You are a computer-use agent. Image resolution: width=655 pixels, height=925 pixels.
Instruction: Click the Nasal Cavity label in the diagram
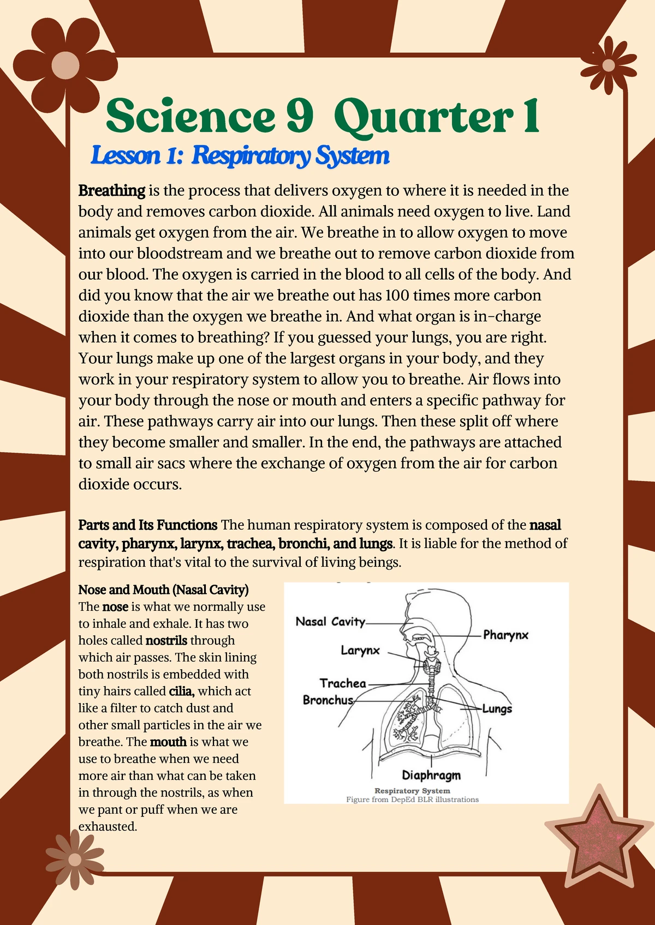coord(330,622)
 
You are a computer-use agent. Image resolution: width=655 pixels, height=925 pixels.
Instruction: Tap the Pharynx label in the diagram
coord(505,635)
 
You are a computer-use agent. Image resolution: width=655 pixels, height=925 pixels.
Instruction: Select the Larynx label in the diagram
coord(360,650)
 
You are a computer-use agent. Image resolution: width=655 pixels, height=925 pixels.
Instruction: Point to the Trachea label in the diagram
coord(343,683)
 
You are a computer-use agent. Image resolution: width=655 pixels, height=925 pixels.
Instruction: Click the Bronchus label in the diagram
coord(328,700)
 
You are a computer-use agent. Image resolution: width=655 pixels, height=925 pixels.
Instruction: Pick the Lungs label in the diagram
coord(497,708)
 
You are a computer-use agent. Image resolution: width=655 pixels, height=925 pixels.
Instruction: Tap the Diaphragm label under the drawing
coord(431,775)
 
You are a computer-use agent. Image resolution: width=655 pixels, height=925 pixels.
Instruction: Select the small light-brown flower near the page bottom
coord(75,860)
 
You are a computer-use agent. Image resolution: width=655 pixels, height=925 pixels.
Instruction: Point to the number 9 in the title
coord(300,116)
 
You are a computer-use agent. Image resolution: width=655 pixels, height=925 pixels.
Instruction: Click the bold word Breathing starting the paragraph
coord(112,191)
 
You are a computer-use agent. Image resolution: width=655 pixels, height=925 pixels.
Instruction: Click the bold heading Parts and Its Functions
coord(148,525)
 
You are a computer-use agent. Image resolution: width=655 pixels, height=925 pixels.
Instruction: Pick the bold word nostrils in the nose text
coord(166,640)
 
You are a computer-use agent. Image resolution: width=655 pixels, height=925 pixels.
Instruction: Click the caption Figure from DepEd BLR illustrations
coord(412,800)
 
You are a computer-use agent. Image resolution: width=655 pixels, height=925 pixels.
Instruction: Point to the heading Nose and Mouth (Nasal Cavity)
coord(163,590)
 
